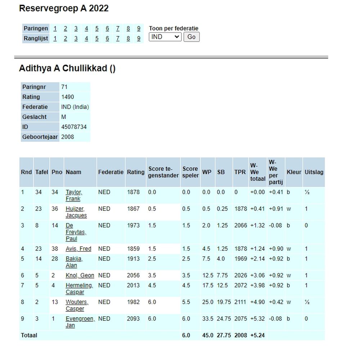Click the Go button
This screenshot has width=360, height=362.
pos(191,37)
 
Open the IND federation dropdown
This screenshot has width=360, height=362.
pos(165,37)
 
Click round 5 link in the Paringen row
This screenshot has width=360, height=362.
pos(97,28)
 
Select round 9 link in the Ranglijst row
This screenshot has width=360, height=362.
pos(139,39)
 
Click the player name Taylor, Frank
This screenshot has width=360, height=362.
pos(73,195)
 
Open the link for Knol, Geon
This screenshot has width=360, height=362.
pos(80,275)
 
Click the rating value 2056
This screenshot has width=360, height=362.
pos(133,275)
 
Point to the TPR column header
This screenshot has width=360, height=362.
pos(240,172)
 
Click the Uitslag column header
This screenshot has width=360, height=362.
pos(314,172)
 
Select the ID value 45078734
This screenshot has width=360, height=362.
pos(74,127)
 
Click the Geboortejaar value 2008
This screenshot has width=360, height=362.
pos(68,137)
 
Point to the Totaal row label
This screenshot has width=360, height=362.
pos(29,335)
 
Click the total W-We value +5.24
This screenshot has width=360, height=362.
pos(257,335)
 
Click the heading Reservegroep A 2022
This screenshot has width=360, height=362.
pos(64,9)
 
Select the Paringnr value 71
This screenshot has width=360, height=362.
pos(64,87)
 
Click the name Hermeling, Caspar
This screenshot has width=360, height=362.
pos(79,289)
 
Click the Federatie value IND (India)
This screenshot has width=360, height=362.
pos(75,107)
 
